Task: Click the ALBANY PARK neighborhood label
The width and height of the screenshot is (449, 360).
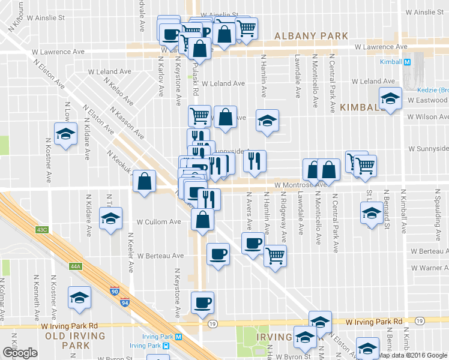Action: click(x=310, y=36)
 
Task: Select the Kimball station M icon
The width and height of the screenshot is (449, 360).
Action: click(x=407, y=62)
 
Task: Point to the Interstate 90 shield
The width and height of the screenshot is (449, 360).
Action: click(x=115, y=291)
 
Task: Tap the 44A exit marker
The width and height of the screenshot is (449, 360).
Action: click(x=75, y=266)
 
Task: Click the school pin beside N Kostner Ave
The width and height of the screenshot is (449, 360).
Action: click(x=65, y=134)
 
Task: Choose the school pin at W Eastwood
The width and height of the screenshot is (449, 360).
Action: click(x=390, y=99)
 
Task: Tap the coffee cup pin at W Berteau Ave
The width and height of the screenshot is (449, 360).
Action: click(x=217, y=254)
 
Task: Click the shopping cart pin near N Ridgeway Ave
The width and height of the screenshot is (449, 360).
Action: click(x=275, y=256)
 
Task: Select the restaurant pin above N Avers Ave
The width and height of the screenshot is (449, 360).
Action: click(x=255, y=161)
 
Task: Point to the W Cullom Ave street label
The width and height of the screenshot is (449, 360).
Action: click(x=159, y=221)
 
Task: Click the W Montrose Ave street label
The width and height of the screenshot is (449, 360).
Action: click(x=301, y=185)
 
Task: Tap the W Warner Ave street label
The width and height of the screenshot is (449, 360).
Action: click(x=429, y=267)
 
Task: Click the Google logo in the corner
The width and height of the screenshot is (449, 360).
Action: click(x=19, y=353)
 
